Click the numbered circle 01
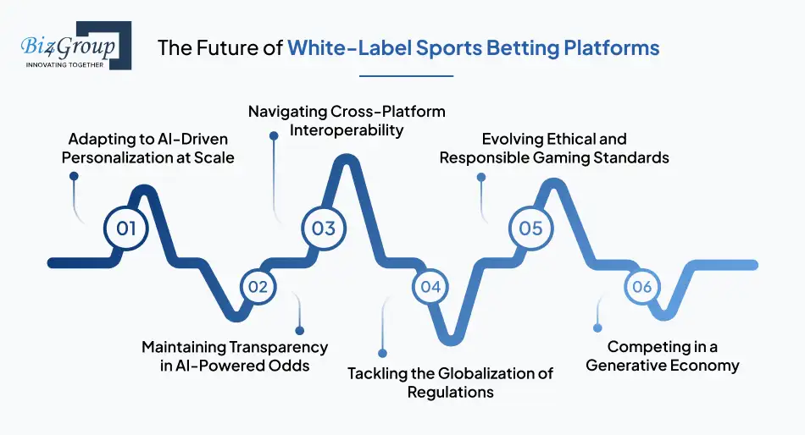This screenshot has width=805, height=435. point(126,228)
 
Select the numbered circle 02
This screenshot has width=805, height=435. point(258,287)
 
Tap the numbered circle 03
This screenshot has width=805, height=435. point(324,228)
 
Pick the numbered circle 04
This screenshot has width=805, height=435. point(430,287)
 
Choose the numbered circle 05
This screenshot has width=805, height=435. point(530,228)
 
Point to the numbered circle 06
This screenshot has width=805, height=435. point(641,287)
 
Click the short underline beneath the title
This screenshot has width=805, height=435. point(406,76)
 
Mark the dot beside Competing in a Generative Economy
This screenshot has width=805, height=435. point(597,328)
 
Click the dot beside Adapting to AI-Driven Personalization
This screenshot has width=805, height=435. point(74,177)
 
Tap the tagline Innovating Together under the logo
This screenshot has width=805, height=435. point(65,64)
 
